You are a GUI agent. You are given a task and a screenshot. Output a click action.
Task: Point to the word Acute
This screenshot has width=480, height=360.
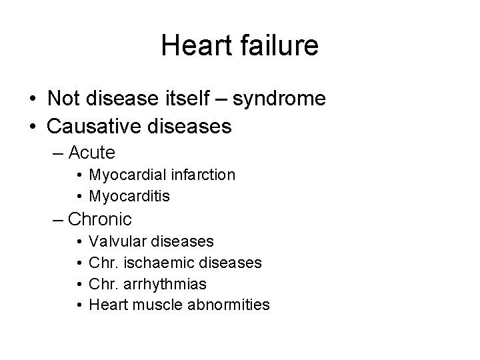[x=92, y=153]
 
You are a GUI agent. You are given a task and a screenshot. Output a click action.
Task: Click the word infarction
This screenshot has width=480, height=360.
[x=202, y=175]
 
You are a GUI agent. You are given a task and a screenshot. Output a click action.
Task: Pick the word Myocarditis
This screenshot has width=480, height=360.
[x=129, y=197]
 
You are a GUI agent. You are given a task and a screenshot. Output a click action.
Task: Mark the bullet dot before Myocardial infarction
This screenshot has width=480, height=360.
[x=79, y=175]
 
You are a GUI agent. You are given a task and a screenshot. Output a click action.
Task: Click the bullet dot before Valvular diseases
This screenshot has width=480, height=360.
[x=79, y=241]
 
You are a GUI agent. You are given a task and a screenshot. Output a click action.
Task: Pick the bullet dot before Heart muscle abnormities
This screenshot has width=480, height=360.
[x=79, y=306]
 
